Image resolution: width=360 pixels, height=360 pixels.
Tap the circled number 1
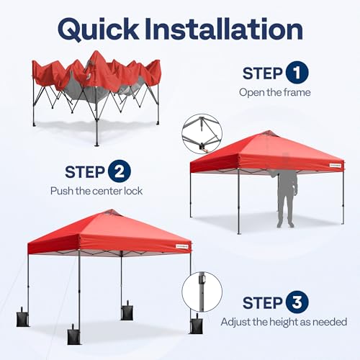(x=296, y=73)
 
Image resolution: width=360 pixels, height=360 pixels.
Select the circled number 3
(x=296, y=302)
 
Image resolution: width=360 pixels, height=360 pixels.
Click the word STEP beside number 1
(x=262, y=73)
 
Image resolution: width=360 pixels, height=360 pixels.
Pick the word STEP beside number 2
(x=85, y=172)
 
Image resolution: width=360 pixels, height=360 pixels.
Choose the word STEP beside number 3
(x=262, y=302)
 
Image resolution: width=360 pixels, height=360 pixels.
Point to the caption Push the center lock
(x=96, y=191)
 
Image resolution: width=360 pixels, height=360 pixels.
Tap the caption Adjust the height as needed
(x=284, y=322)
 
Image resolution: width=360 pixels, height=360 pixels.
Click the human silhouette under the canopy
(x=286, y=199)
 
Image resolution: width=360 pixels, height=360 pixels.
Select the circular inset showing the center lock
(x=202, y=134)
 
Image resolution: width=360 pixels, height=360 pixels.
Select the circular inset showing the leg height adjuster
(x=202, y=292)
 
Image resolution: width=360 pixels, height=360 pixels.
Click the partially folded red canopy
(x=96, y=76)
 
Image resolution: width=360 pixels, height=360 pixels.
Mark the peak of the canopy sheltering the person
(x=268, y=133)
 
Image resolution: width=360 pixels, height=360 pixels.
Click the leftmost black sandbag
(x=24, y=318)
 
